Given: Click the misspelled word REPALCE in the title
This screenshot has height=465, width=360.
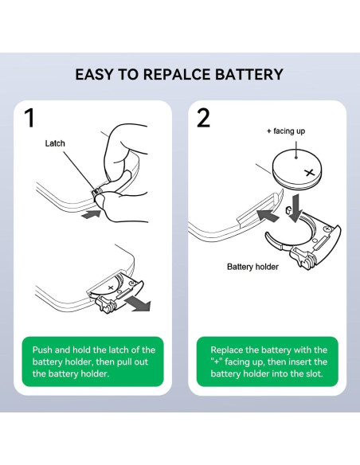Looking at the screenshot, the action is pyautogui.click(x=177, y=74).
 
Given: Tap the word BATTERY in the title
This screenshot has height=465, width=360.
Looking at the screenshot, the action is pyautogui.click(x=249, y=74).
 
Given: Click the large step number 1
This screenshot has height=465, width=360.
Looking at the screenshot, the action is pyautogui.click(x=29, y=118).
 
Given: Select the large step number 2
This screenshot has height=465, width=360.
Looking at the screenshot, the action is pyautogui.click(x=203, y=118).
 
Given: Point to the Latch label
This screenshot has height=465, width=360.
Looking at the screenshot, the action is pyautogui.click(x=55, y=143).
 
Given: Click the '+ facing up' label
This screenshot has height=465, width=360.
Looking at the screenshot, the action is pyautogui.click(x=286, y=131).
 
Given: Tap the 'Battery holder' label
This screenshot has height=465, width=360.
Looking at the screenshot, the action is pyautogui.click(x=252, y=267).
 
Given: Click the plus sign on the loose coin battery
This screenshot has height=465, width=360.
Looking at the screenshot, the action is pyautogui.click(x=309, y=172).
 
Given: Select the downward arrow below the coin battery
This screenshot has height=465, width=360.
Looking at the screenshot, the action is pyautogui.click(x=295, y=208).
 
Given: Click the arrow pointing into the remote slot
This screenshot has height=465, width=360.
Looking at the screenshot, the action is pyautogui.click(x=267, y=215).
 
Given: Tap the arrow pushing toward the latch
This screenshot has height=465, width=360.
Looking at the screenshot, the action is pyautogui.click(x=92, y=214).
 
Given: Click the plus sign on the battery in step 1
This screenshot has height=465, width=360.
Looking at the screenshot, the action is pyautogui.click(x=111, y=287).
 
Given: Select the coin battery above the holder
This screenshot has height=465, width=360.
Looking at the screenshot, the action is pyautogui.click(x=297, y=169).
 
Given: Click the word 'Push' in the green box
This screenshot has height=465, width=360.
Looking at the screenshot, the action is pyautogui.click(x=42, y=350).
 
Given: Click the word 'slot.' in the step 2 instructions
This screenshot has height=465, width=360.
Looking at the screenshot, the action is pyautogui.click(x=315, y=373).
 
